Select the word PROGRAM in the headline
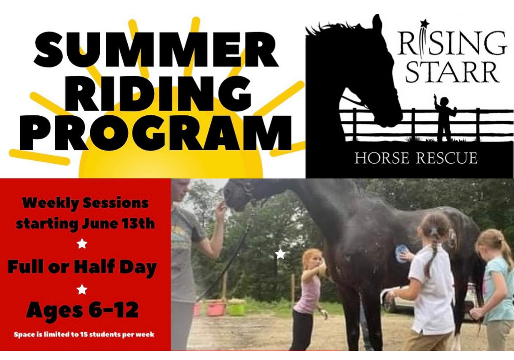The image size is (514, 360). [155, 133]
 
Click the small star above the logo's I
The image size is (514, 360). [425, 23]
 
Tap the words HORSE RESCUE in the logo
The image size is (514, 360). [416, 158]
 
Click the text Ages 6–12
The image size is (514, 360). [83, 309]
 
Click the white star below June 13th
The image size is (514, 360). [82, 243]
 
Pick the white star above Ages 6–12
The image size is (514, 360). [82, 289]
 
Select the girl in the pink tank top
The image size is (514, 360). [309, 298]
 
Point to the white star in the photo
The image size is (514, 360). [280, 254]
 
